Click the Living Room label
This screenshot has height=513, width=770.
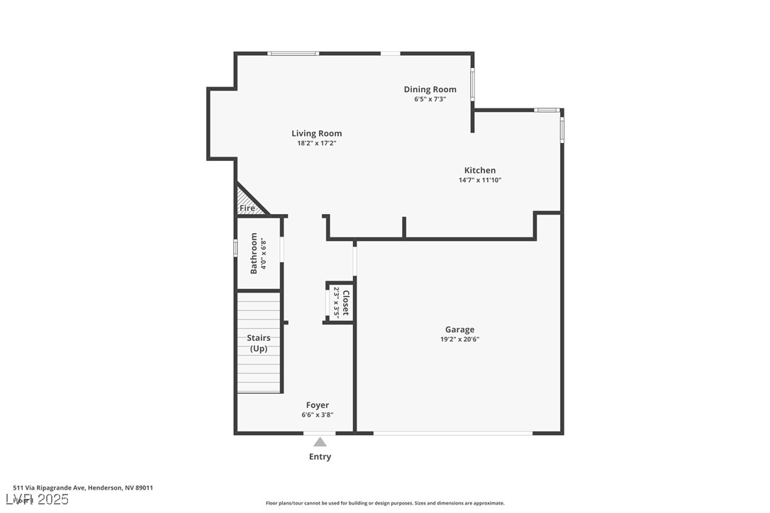click(x=316, y=133)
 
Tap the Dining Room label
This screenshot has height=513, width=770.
click(x=430, y=89)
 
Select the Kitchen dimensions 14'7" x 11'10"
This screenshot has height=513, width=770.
click(x=480, y=180)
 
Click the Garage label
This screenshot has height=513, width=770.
click(x=459, y=329)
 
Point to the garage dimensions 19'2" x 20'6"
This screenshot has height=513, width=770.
click(x=459, y=339)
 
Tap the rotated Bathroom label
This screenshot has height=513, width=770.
click(x=254, y=253)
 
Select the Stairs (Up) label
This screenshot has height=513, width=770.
click(x=259, y=343)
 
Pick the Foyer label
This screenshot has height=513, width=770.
click(x=317, y=405)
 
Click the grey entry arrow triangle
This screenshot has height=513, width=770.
click(x=320, y=442)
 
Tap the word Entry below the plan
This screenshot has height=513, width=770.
click(x=320, y=457)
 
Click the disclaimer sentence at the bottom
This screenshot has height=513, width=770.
click(x=385, y=503)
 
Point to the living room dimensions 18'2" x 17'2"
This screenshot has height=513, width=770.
click(x=316, y=143)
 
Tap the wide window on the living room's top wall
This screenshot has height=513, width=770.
click(x=293, y=53)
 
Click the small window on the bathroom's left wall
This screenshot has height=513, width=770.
click(x=235, y=248)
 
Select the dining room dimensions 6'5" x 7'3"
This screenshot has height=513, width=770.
click(x=430, y=99)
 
